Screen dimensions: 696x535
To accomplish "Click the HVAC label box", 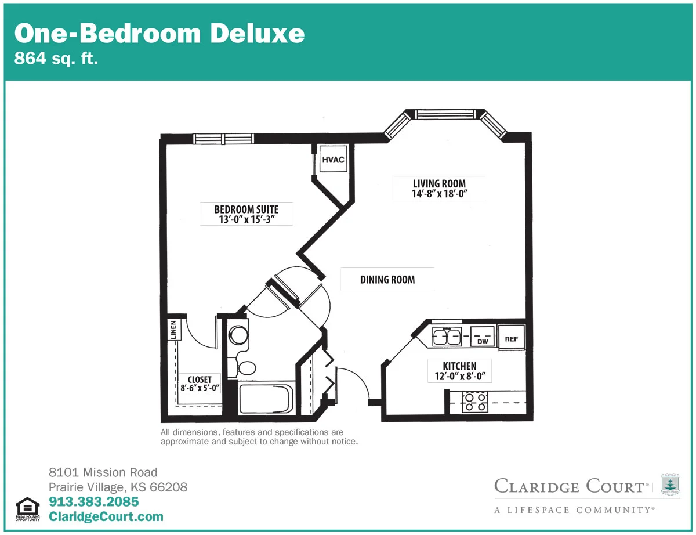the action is click(x=333, y=159).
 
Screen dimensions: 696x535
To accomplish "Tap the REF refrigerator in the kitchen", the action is click(x=511, y=338).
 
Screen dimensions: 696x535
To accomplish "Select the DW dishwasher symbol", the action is click(x=483, y=337).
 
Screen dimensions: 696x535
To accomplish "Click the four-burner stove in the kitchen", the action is click(x=475, y=402).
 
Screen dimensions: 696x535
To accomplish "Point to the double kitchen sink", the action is click(x=447, y=337).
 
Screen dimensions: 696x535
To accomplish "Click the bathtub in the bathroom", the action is click(x=266, y=399).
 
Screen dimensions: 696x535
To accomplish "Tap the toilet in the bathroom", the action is click(x=245, y=368).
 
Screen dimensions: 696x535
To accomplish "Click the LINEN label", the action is click(x=173, y=330).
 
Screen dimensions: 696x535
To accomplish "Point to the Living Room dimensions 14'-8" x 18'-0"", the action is click(x=440, y=193).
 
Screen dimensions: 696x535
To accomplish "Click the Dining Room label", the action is click(x=387, y=280).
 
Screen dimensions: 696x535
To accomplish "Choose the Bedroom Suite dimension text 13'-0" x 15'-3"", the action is click(x=246, y=219).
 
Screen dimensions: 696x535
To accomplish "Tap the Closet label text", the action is click(x=200, y=379).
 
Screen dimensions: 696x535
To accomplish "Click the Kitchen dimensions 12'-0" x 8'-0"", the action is click(x=460, y=376).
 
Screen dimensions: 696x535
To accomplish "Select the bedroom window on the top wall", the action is click(x=223, y=139).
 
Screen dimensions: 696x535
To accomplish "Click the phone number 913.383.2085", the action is click(x=94, y=502).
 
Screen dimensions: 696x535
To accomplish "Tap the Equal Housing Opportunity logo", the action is click(x=27, y=509).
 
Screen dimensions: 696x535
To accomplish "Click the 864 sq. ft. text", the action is click(x=56, y=58).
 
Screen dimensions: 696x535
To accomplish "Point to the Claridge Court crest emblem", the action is click(x=670, y=485).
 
